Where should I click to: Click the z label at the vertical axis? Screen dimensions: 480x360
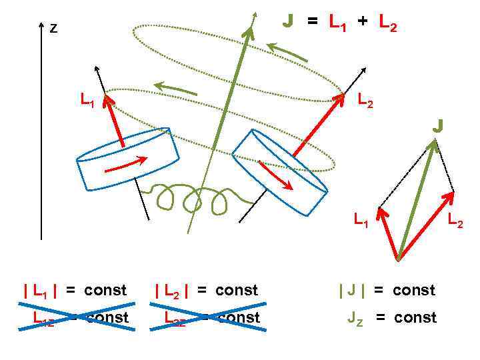click(53, 29)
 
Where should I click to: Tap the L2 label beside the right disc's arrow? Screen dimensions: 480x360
click(365, 101)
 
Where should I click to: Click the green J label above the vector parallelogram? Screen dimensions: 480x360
click(438, 125)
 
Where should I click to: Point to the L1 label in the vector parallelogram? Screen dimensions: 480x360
click(361, 220)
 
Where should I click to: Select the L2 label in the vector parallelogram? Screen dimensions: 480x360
click(455, 220)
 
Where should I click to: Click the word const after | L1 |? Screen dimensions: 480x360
click(105, 291)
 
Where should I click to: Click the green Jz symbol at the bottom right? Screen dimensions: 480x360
click(355, 318)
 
